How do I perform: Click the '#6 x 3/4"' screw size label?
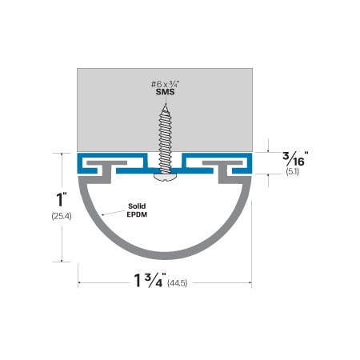[x=165, y=83]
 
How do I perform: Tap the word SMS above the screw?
[x=165, y=93]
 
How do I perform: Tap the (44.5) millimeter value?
[x=182, y=283]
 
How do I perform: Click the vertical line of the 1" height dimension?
[x=61, y=240]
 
